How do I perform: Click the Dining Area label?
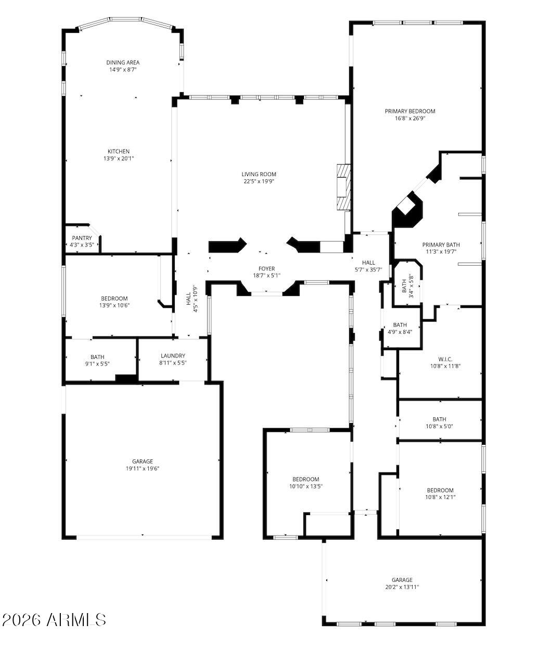coord(123,63)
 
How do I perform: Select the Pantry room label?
coord(82,238)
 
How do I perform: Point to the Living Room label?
coord(259,174)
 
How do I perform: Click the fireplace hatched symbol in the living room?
coord(343,188)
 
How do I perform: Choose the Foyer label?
coord(267,269)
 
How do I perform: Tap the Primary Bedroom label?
coord(410,111)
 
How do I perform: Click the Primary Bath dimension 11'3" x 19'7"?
coord(441,252)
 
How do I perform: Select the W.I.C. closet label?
coord(445,359)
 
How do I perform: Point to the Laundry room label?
coord(173,356)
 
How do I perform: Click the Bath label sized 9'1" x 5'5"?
coord(97,357)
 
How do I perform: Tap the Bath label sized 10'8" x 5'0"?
coord(439,419)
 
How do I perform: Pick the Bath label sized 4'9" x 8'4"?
coord(400,325)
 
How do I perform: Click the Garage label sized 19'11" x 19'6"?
coord(142,461)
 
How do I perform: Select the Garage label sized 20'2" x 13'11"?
coord(402,580)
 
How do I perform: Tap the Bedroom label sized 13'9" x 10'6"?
coord(114,298)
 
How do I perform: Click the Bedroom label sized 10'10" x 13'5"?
coord(305,479)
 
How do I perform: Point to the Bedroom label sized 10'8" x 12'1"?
coord(440,490)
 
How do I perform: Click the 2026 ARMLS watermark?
coord(54,620)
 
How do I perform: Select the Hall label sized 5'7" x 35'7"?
coord(368,263)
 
